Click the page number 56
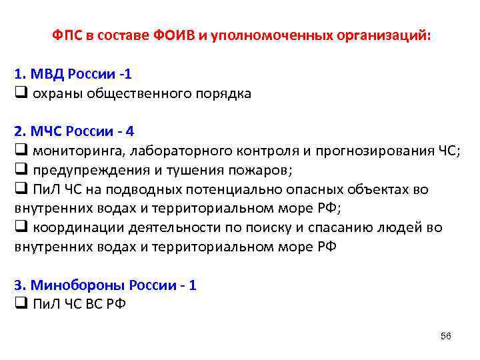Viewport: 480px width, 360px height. (446, 336)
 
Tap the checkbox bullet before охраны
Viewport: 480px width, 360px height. (19, 93)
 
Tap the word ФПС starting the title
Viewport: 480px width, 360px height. (67, 35)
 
